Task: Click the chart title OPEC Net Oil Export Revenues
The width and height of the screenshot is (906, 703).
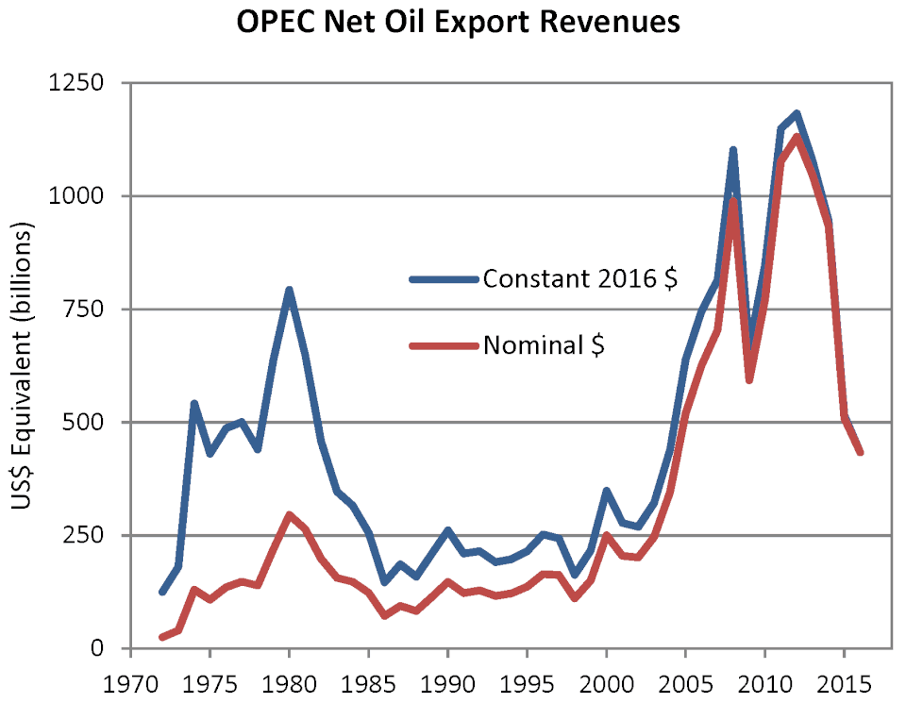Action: pos(458,24)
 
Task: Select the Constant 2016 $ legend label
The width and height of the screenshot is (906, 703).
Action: pos(579,279)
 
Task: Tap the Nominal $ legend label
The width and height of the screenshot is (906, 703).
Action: pos(544,345)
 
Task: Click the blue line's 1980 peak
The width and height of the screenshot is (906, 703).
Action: pos(289,290)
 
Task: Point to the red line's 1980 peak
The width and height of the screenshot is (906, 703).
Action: pos(289,515)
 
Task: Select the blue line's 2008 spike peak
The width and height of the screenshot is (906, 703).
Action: pos(733,150)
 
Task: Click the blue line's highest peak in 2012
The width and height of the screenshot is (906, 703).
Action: pos(797,113)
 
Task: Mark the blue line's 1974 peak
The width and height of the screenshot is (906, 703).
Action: pos(193,404)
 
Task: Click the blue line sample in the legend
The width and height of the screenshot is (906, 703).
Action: pos(444,279)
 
